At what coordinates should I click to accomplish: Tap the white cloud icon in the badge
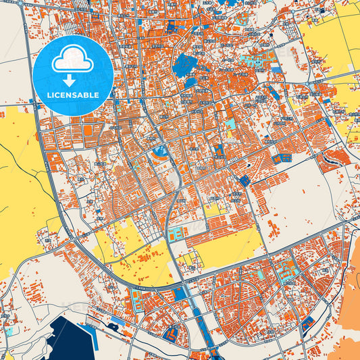[x=73, y=60]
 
